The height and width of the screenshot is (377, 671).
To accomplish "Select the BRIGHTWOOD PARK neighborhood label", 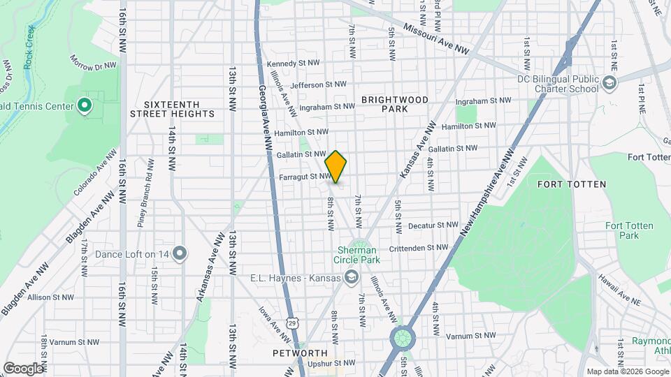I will (395, 104).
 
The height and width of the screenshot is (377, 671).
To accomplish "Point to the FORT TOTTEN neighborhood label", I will (571, 184).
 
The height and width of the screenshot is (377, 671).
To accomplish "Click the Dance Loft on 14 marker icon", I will (180, 253).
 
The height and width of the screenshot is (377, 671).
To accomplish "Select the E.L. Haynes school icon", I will (352, 278).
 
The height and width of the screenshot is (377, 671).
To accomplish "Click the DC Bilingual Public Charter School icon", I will (609, 84).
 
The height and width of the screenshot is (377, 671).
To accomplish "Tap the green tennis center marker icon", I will (85, 107).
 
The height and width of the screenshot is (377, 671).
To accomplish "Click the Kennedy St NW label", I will (296, 63).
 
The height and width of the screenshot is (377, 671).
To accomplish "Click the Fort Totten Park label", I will (622, 230).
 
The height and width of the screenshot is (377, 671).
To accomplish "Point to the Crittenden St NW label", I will (418, 248).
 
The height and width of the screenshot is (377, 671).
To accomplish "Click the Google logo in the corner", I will (23, 367).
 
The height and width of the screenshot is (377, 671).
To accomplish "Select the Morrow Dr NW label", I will (92, 61).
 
